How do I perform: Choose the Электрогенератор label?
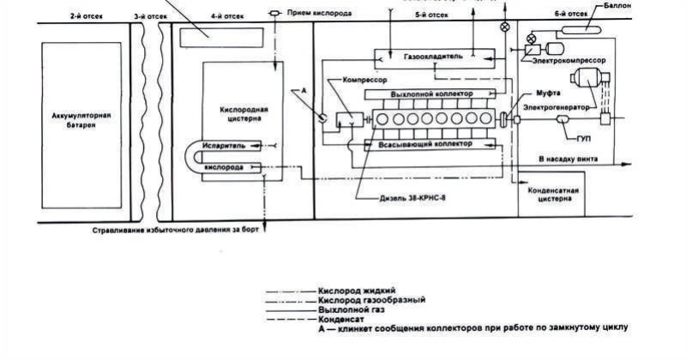point(557,109)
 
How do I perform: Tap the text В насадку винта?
point(569,159)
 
